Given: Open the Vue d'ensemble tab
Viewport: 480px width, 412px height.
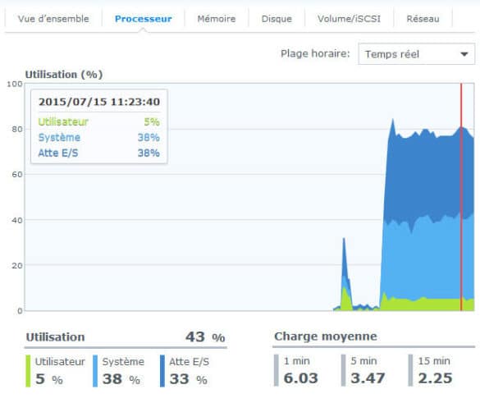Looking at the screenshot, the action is click(x=53, y=19).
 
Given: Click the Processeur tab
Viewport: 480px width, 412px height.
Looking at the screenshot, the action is click(x=144, y=19).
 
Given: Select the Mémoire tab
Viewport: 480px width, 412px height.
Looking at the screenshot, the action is click(x=217, y=19).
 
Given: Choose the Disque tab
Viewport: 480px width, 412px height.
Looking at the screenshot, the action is click(x=277, y=19).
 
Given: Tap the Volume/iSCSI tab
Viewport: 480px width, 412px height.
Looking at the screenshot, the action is click(x=349, y=19).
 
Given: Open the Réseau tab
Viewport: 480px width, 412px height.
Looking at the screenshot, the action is click(x=423, y=19).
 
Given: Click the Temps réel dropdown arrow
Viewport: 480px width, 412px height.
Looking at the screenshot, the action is click(x=464, y=54).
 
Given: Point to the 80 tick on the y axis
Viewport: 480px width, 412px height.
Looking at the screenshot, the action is click(x=17, y=129).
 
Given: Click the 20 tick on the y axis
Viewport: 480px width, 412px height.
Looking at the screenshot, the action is click(x=17, y=265).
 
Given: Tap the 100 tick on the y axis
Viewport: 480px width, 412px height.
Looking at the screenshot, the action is click(x=15, y=84).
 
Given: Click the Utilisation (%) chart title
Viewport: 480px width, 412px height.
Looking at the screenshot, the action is click(x=64, y=75).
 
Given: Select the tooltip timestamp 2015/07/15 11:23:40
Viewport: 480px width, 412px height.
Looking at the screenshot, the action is click(x=99, y=102).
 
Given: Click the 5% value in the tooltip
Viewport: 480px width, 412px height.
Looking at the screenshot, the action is click(x=152, y=121).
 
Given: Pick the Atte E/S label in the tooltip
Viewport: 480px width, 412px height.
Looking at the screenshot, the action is click(x=58, y=153).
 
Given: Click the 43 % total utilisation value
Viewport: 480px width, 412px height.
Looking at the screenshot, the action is click(x=205, y=337).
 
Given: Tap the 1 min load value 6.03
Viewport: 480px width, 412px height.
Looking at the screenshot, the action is click(x=300, y=378).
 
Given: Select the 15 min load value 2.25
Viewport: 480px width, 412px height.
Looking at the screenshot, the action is click(x=435, y=378).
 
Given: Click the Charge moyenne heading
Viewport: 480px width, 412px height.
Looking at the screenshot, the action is click(x=326, y=336).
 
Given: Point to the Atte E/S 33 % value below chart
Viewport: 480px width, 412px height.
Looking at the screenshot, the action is click(x=188, y=379).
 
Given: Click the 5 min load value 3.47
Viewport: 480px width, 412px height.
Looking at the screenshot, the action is click(x=368, y=378).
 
